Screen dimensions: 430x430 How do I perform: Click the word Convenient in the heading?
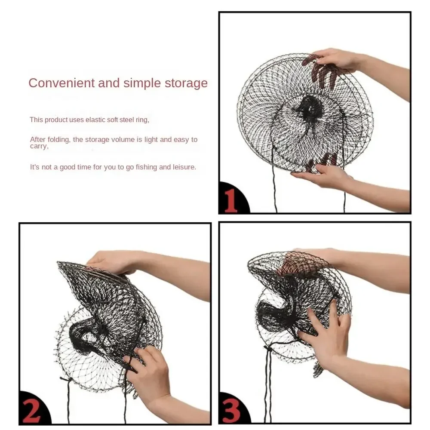(61, 83)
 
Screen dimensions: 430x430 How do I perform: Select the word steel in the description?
(126, 120)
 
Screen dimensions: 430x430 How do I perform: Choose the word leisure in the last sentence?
(184, 167)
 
